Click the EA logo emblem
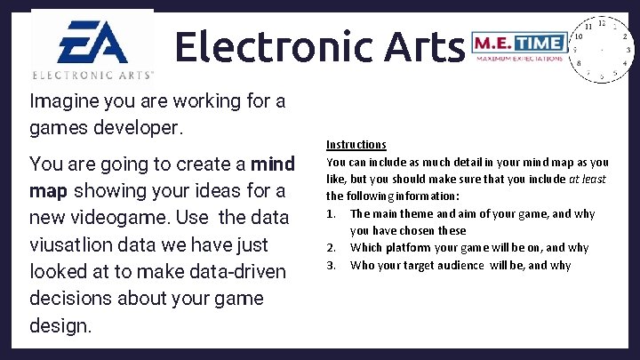coord(92,41)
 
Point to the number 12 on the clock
coord(602,22)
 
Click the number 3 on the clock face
coord(628,51)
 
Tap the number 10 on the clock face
coord(579,37)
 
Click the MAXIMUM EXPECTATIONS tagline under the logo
coord(519,59)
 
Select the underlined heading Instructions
coord(356,144)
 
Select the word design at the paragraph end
coord(58,325)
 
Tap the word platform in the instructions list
coord(405,248)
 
